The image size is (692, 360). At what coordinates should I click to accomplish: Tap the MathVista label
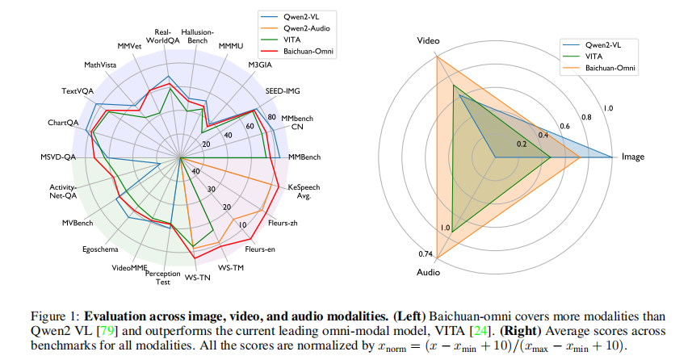(x=99, y=64)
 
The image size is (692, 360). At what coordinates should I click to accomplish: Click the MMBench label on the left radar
(x=304, y=155)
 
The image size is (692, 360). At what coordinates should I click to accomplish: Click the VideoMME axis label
(x=130, y=267)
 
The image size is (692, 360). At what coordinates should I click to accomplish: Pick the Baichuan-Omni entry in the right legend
(x=611, y=69)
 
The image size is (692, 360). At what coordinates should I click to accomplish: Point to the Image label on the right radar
(x=633, y=156)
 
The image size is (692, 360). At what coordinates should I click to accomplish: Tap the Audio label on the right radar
(x=428, y=272)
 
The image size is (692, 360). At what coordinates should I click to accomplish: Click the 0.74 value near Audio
(x=426, y=254)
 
